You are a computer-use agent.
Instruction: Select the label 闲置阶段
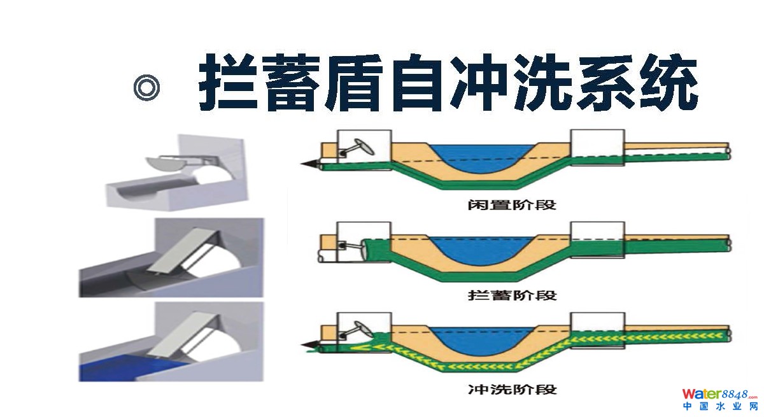511,206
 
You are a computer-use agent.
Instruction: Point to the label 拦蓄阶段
511,295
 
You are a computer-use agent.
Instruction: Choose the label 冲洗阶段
511,388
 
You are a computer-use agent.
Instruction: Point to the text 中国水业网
719,407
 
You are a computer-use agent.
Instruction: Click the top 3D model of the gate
175,172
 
